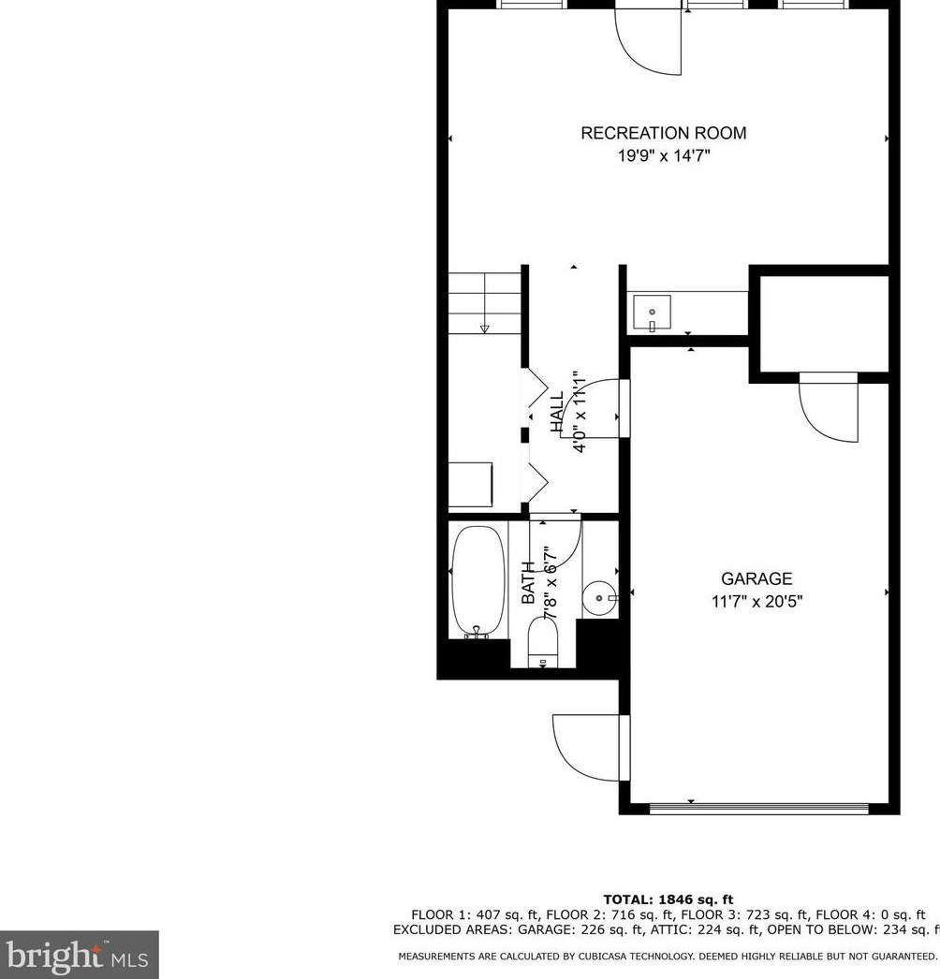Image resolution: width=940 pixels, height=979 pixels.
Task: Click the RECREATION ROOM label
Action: pos(663,134)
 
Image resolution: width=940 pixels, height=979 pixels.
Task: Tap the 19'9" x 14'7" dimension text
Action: pos(663,156)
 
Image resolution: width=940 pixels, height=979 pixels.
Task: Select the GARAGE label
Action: pos(756,579)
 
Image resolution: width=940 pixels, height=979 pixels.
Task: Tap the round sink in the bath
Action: pos(597,595)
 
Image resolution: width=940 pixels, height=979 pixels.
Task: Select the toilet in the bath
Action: pos(543,644)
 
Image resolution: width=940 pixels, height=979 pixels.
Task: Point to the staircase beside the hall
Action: pos(484,302)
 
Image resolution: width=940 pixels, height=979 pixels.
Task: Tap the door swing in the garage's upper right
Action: pos(830,408)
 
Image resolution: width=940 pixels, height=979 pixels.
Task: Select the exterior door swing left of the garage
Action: pos(588,750)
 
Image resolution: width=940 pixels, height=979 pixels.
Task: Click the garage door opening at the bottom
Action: pos(768,807)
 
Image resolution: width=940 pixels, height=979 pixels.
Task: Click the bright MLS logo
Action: pos(79,955)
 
